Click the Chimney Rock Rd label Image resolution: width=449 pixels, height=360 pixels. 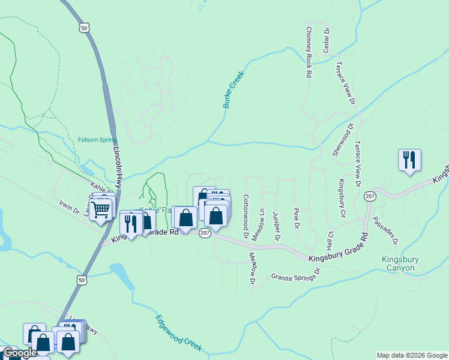click(309, 52)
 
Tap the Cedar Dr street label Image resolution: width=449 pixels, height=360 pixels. click(327, 40)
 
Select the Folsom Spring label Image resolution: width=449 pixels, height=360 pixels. click(97, 140)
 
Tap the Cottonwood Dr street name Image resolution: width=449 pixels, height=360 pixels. click(246, 215)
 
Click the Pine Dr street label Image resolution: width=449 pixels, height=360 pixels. click(296, 219)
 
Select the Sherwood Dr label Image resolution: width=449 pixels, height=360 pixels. click(344, 140)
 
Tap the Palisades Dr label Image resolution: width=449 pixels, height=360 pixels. click(384, 230)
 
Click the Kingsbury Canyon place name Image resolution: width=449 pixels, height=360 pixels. click(399, 264)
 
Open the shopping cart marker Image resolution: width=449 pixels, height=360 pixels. click(100, 209)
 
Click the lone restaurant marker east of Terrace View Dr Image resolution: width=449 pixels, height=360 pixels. click(409, 160)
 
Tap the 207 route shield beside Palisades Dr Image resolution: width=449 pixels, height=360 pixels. click(370, 196)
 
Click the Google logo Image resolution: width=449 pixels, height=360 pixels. click(19, 353)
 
